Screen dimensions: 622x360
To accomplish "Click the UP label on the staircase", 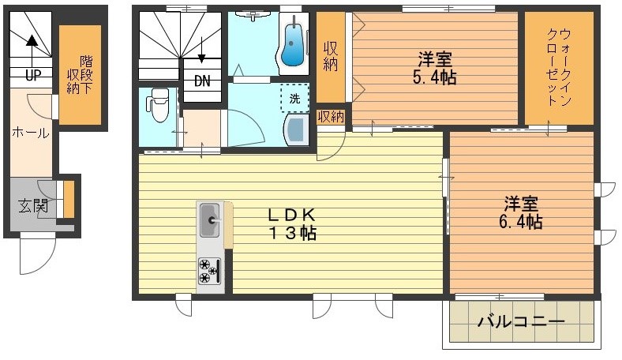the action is point(33,75).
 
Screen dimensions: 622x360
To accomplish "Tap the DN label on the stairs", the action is point(202,81).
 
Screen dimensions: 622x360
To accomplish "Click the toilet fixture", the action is point(159,105).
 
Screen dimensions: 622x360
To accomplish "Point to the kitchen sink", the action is point(210,220).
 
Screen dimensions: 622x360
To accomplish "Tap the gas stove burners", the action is point(209,271).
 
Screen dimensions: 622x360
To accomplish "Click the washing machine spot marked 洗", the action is point(294,98).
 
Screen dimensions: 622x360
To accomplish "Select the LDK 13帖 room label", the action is point(293,224).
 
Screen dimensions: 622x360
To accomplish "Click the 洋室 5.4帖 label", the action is point(435,68).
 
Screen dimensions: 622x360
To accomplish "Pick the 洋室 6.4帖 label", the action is point(521,212).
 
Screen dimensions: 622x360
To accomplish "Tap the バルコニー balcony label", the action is point(521,321).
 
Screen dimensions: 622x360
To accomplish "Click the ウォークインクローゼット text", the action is point(559,67).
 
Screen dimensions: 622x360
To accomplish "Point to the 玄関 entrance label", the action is point(33,205).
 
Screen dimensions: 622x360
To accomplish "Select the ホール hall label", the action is point(31,133).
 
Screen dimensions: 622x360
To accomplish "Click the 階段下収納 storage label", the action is point(80,75).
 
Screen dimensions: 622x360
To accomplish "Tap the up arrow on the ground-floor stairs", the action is point(32,51).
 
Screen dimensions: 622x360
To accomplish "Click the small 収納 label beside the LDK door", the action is point(331,117).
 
